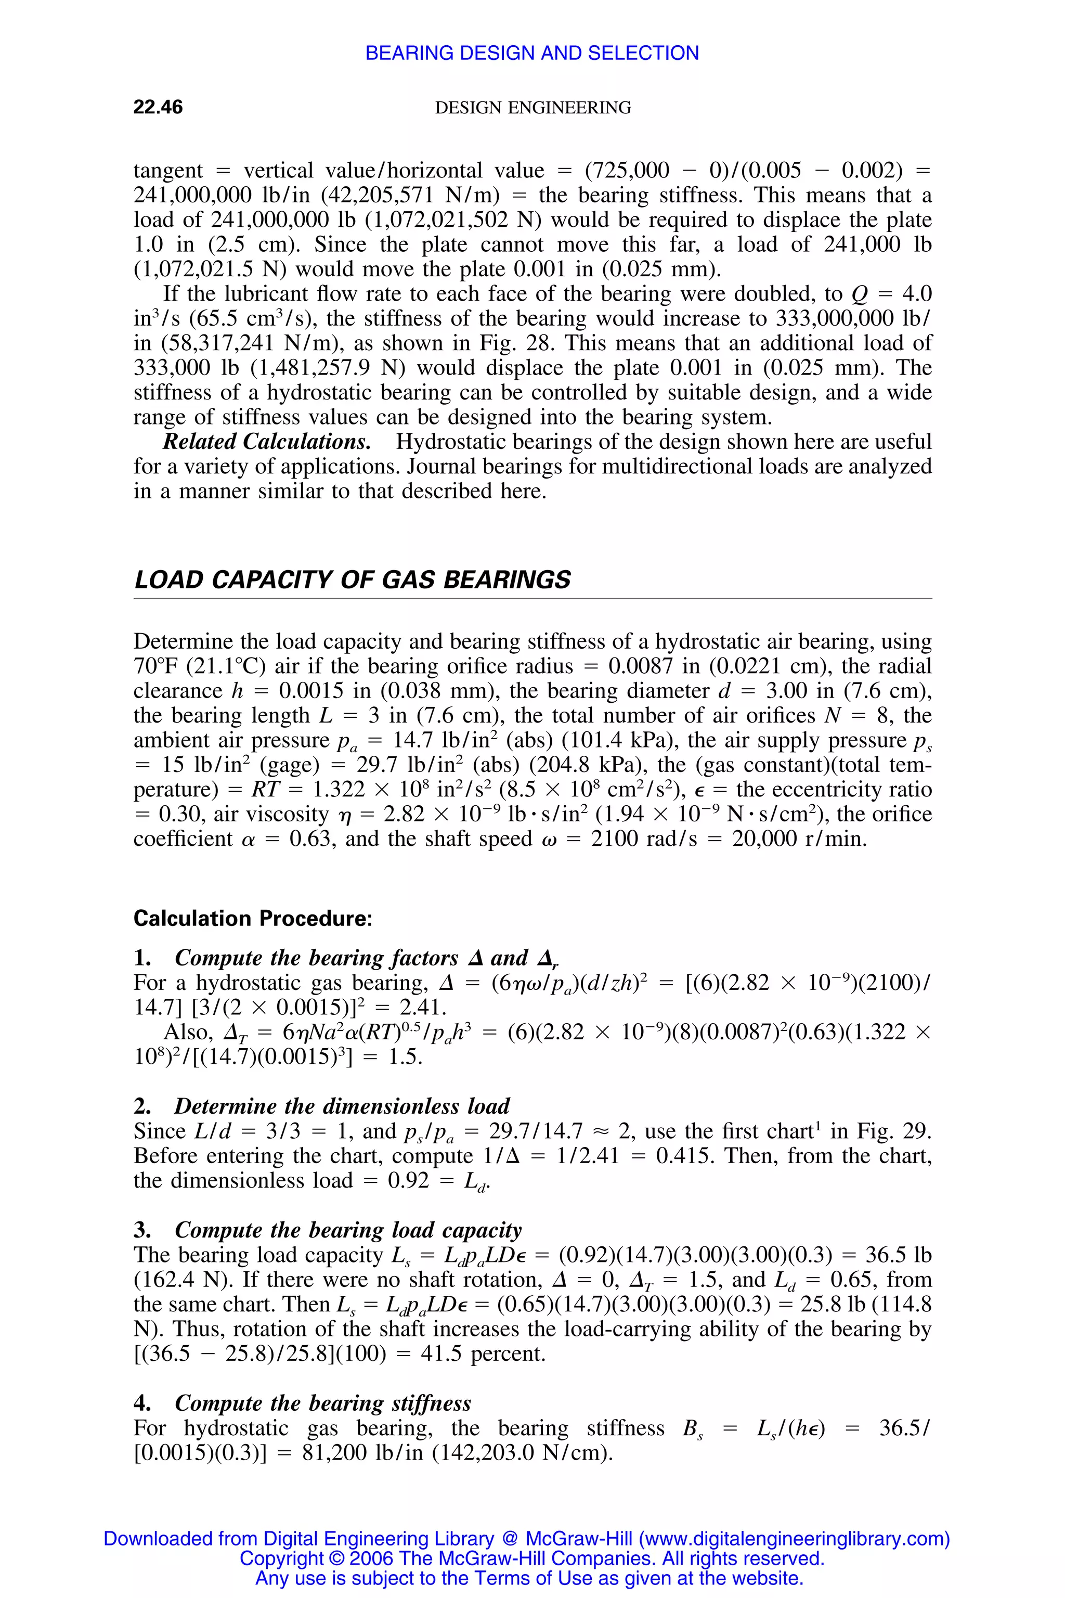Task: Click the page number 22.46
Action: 158,107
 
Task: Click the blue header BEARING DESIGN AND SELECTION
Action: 532,53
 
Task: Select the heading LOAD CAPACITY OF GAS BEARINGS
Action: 352,579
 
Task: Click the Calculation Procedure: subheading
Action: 253,919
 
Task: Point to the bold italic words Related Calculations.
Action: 266,442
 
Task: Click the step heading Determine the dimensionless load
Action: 342,1106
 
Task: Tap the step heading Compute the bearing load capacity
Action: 348,1230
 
